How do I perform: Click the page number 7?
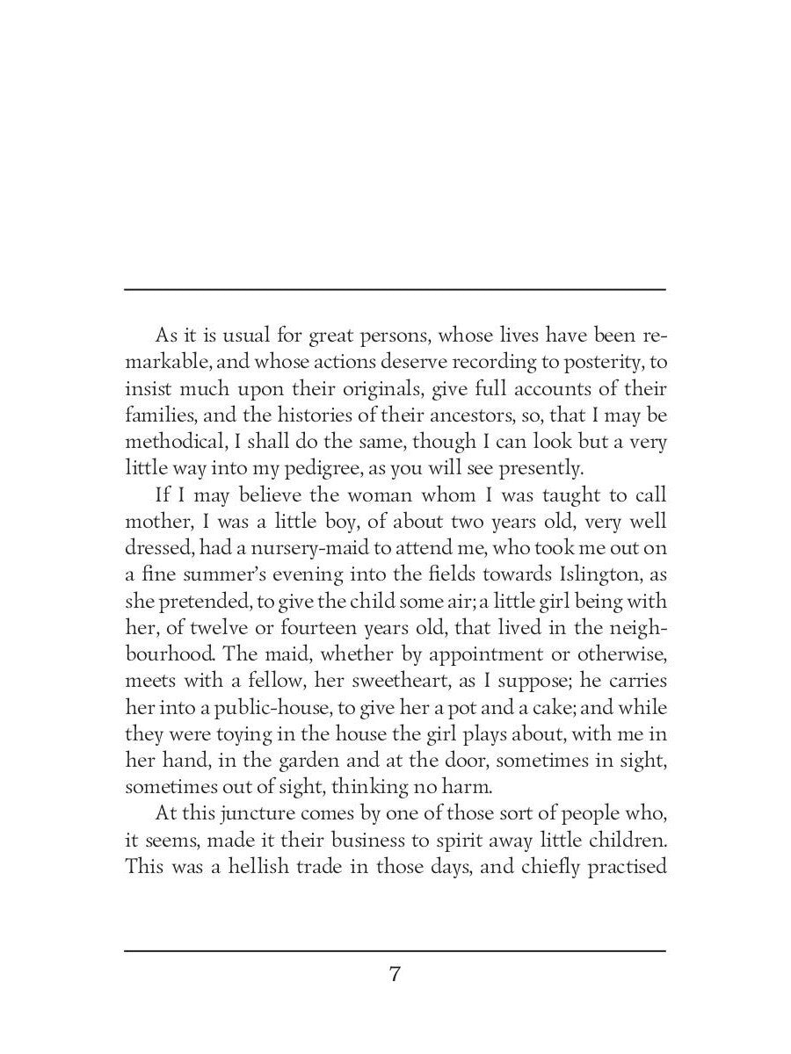(395, 975)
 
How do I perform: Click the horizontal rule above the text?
(395, 289)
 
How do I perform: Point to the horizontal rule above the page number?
(395, 950)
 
